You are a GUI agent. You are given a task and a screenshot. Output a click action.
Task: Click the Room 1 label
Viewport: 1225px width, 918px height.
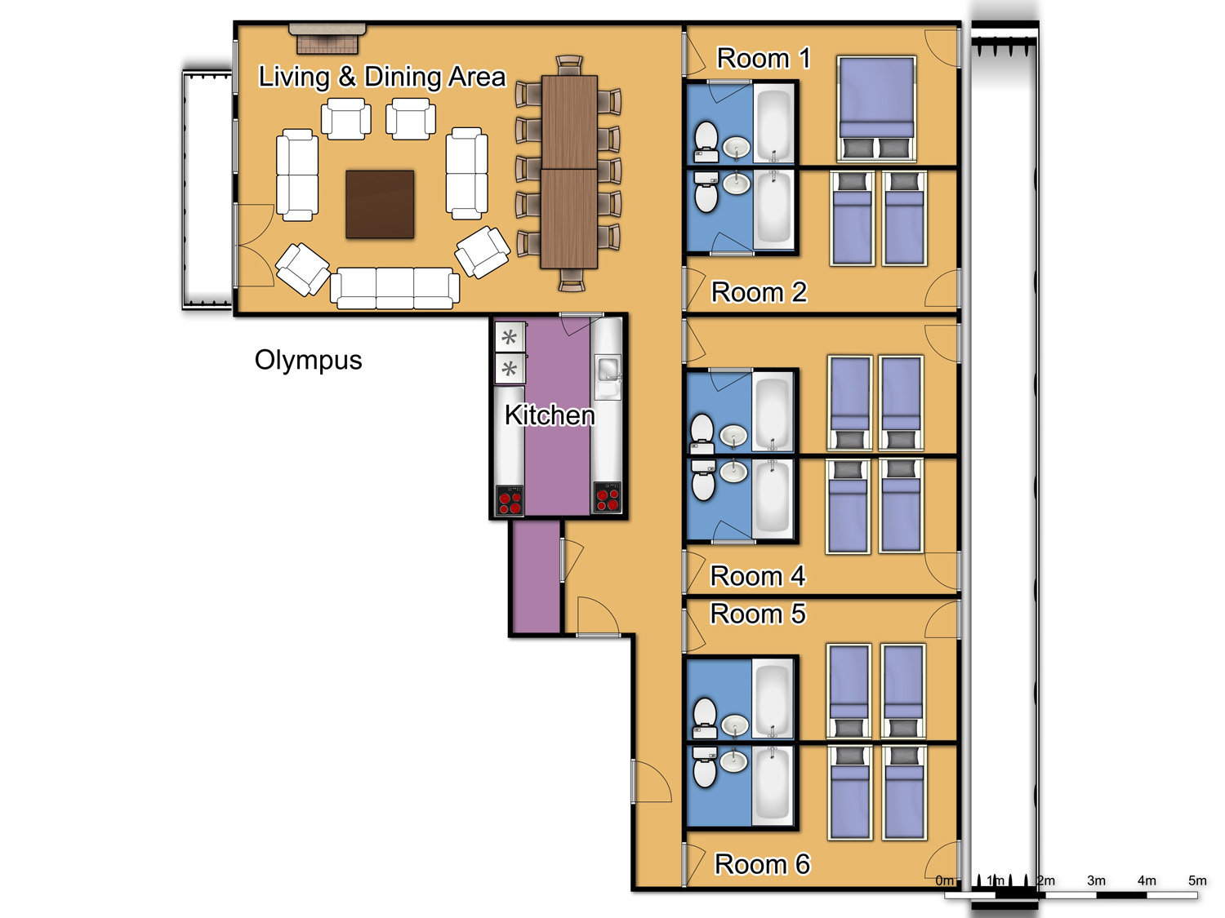[x=764, y=59]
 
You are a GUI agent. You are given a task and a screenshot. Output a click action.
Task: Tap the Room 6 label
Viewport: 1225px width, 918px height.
[x=762, y=864]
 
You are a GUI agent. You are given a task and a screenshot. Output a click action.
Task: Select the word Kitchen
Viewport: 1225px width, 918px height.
[x=550, y=415]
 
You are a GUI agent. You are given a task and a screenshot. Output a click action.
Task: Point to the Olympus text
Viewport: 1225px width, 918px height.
[x=308, y=361]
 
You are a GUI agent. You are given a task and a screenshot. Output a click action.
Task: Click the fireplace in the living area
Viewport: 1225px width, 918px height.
[x=327, y=38]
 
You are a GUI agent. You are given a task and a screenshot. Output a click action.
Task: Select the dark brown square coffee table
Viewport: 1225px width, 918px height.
[x=380, y=205]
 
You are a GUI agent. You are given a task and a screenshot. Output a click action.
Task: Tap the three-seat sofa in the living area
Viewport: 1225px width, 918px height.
[x=395, y=287]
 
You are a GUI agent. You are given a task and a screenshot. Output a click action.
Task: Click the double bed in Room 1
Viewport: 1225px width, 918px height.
[x=876, y=109]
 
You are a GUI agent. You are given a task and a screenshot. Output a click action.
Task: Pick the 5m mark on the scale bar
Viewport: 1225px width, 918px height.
[x=1197, y=880]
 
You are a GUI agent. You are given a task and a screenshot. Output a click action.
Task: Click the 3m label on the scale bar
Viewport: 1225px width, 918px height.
[x=1096, y=880]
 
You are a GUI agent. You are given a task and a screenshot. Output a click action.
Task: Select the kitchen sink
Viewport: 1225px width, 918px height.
[x=608, y=369]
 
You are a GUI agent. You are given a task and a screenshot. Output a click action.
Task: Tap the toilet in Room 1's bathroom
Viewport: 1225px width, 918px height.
[x=706, y=141]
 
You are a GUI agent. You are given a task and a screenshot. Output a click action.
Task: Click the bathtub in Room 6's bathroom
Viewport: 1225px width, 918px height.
[x=773, y=785]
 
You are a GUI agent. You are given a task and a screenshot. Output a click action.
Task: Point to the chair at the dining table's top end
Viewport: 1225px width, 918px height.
[x=569, y=64]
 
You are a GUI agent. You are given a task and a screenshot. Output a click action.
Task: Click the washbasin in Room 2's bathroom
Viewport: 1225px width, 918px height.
[x=737, y=184]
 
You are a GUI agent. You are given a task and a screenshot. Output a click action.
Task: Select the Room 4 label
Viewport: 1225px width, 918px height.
[x=758, y=576]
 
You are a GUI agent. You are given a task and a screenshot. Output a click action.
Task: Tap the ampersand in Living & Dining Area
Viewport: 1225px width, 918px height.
[x=346, y=77]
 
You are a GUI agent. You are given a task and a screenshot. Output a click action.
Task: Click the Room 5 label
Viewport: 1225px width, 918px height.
[x=758, y=614]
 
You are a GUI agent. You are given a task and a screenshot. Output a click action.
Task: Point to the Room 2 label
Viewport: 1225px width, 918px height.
[x=759, y=293]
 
